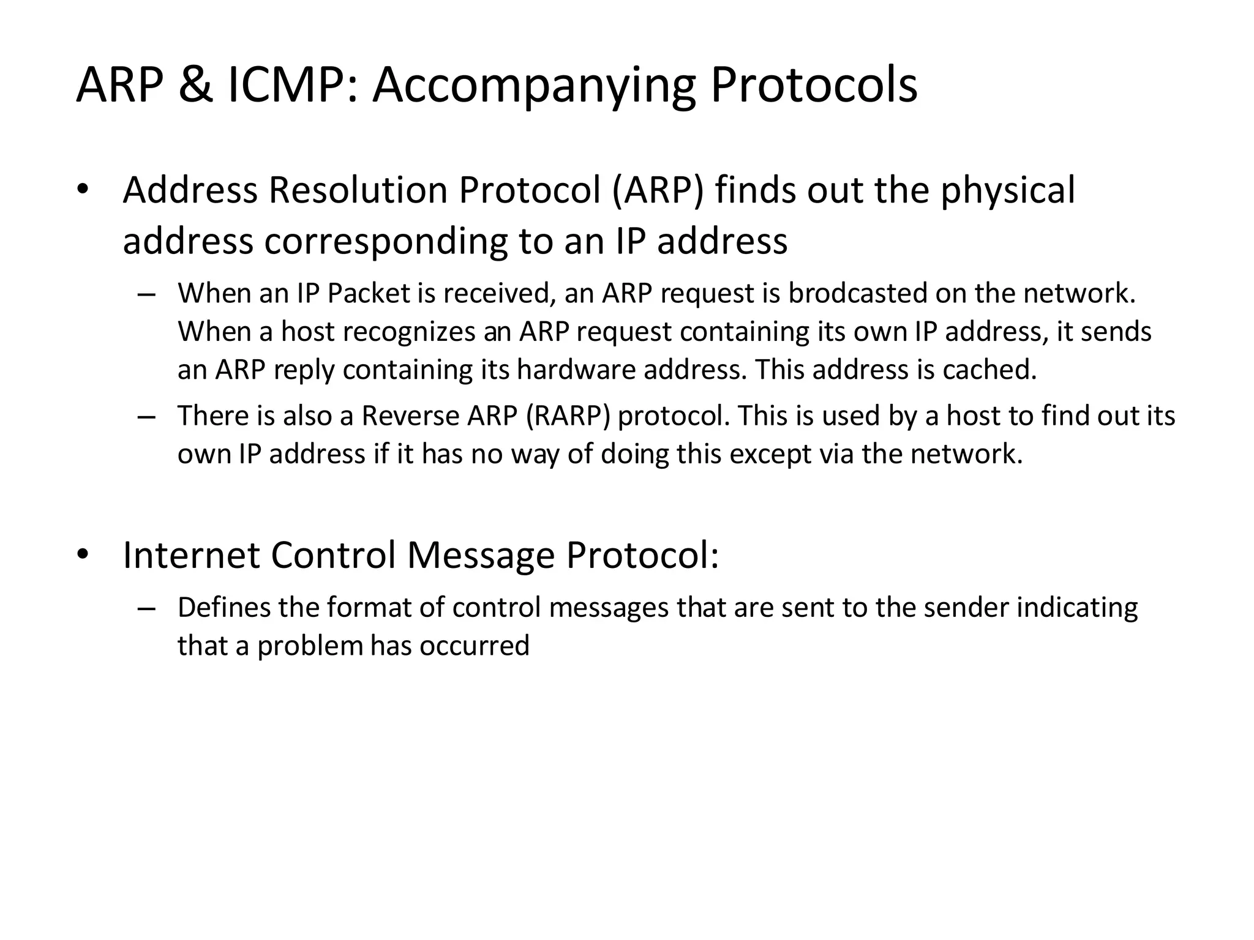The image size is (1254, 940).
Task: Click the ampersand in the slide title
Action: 195,86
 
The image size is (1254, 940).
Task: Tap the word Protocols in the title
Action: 814,86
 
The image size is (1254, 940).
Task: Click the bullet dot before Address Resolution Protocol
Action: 83,190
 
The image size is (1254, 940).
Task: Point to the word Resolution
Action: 359,190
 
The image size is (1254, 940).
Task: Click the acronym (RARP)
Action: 568,416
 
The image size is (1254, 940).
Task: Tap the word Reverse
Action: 410,416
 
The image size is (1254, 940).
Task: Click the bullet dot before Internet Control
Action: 83,555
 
